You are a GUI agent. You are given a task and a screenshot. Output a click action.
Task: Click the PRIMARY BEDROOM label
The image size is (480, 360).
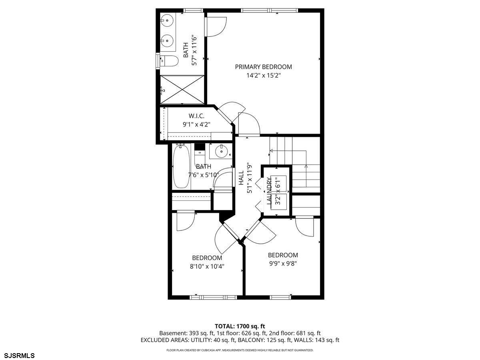pyautogui.click(x=263, y=67)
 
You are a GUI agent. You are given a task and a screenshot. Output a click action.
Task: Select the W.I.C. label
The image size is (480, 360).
pyautogui.click(x=191, y=116)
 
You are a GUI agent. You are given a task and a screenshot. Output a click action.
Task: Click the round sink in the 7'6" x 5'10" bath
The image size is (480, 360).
pyautogui.click(x=221, y=152)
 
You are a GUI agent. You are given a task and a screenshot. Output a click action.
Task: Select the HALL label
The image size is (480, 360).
pyautogui.click(x=241, y=178)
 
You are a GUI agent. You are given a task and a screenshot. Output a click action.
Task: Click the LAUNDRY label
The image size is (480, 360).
pyautogui.click(x=269, y=192)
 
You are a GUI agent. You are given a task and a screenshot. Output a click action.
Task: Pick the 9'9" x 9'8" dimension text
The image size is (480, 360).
pyautogui.click(x=283, y=264)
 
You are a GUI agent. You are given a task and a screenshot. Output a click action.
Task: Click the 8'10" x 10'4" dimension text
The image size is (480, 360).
pyautogui.click(x=207, y=266)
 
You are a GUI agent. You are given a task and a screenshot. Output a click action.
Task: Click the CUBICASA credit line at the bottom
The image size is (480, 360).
pyautogui.click(x=240, y=350)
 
